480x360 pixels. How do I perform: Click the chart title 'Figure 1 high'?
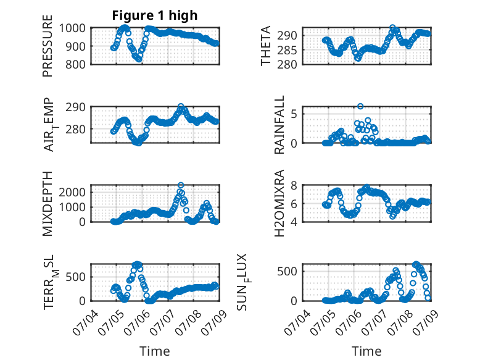click(155, 15)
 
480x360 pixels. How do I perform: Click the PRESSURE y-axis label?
click(48, 46)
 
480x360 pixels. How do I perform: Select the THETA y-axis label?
click(266, 46)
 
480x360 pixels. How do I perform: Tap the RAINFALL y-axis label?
click(279, 125)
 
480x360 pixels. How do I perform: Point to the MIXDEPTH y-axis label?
click(48, 203)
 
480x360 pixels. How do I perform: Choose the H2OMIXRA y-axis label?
click(279, 203)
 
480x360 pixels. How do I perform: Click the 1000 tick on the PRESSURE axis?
click(72, 28)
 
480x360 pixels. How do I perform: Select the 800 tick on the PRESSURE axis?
click(76, 64)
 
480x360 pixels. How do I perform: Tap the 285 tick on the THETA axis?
click(287, 50)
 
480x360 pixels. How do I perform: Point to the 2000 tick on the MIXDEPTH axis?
click(72, 193)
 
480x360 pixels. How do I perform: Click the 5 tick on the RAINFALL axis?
click(294, 114)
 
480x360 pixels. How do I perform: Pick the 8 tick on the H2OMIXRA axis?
click(294, 185)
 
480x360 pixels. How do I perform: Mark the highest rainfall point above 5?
click(360, 106)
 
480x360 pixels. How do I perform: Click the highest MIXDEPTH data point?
click(181, 185)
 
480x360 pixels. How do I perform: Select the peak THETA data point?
click(392, 28)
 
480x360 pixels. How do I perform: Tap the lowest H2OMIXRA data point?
click(393, 216)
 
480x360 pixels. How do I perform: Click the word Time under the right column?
click(366, 351)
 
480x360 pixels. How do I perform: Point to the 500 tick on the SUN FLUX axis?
click(287, 271)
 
